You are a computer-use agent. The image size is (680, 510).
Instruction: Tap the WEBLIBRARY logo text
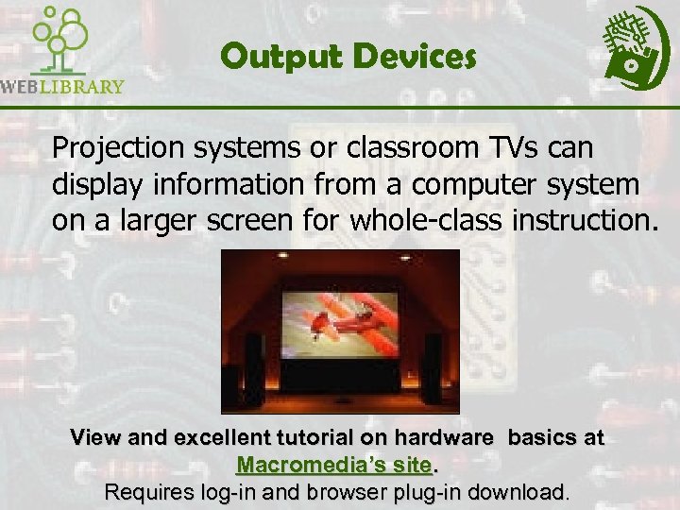62,86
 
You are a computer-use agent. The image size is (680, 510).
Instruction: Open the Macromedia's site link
334,466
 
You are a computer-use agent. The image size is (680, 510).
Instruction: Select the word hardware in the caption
446,439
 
